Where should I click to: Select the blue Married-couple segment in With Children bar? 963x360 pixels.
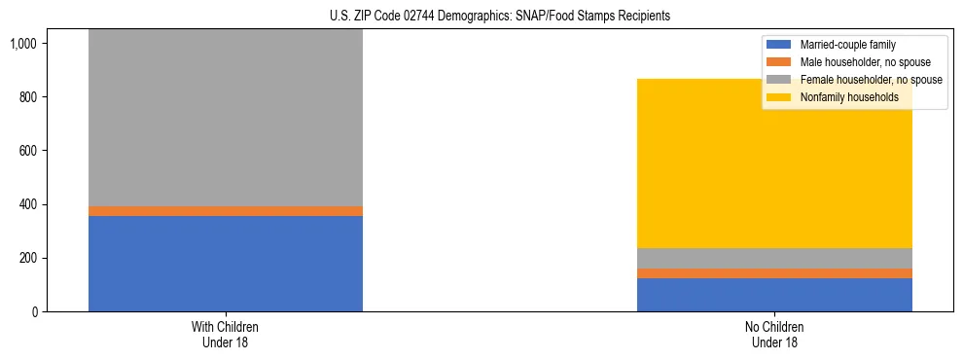point(226,264)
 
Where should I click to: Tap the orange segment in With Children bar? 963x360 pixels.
point(226,211)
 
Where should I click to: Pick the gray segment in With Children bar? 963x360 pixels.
point(226,118)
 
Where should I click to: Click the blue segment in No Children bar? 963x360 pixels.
point(774,295)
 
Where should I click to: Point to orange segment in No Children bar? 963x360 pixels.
point(774,273)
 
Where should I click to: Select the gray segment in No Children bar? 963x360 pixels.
point(774,258)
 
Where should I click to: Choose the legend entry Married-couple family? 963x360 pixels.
point(847,45)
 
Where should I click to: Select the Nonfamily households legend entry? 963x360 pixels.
point(849,97)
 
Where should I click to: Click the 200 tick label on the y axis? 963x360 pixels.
point(26,259)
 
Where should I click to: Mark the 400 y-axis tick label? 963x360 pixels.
point(26,205)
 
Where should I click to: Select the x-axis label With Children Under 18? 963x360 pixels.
point(226,335)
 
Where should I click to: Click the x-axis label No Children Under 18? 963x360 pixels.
point(774,335)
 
